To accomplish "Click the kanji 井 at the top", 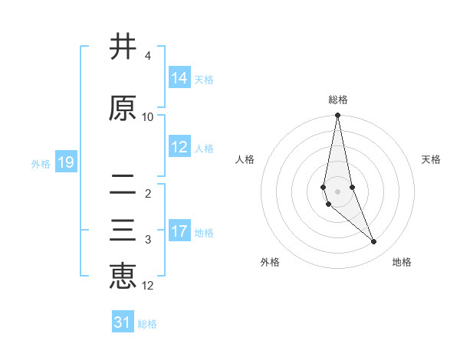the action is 123,47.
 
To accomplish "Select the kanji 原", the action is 123,108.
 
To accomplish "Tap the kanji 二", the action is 123,184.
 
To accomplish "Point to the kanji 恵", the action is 123,276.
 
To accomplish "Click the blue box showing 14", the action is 179,78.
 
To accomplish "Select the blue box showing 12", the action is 179,147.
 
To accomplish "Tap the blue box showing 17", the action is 179,231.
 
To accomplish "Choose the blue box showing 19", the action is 65,162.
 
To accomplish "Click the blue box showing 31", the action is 123,322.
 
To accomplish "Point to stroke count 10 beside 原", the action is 148,116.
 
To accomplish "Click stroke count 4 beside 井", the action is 147,56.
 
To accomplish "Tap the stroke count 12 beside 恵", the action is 148,286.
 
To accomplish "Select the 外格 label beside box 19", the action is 41,163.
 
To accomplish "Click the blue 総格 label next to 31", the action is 147,323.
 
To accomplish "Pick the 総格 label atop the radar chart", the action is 338,100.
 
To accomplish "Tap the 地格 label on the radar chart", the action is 402,262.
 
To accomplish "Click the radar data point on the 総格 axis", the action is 338,116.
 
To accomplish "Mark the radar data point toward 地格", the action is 374,241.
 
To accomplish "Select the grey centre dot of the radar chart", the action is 338,191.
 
